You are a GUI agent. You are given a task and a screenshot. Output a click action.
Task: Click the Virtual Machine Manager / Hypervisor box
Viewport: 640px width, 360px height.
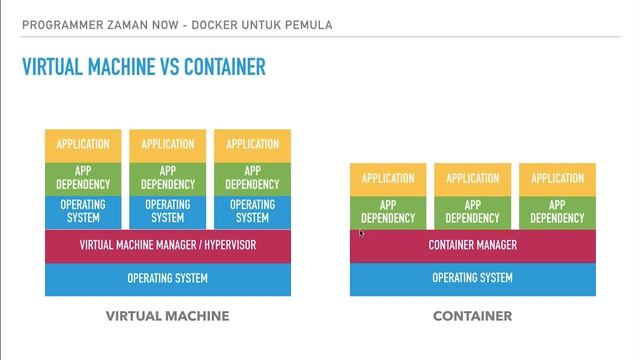point(168,245)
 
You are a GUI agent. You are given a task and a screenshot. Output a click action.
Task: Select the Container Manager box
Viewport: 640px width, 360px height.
point(472,245)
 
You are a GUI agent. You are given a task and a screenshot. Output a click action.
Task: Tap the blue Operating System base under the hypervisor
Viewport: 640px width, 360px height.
point(168,278)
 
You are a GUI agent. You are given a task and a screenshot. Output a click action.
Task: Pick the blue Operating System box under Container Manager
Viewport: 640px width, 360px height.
point(472,278)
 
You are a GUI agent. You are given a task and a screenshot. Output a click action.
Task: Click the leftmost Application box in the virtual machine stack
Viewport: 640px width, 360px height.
point(83,144)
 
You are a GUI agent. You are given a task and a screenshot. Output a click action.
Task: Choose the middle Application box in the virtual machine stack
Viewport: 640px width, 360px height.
point(168,144)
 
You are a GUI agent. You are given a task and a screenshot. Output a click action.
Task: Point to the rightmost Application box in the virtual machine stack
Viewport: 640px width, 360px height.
point(252,144)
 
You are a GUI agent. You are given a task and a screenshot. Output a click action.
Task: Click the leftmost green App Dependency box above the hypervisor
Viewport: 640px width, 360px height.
point(83,177)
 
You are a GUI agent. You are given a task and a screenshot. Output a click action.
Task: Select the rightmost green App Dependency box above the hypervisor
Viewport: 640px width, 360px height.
point(252,177)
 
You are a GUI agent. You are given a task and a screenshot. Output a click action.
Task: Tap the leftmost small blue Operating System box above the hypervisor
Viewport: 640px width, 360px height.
point(83,211)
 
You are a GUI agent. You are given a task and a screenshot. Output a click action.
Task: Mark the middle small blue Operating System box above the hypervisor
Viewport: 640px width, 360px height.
point(168,211)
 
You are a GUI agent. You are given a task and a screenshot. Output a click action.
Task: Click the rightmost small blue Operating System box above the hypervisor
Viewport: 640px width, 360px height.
point(252,211)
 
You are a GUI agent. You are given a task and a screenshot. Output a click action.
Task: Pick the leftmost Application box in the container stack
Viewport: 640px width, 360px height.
point(388,178)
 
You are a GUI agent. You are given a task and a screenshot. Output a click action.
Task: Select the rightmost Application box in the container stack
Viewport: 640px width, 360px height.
point(557,178)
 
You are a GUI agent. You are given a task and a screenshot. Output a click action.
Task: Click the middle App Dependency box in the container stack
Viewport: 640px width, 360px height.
point(472,211)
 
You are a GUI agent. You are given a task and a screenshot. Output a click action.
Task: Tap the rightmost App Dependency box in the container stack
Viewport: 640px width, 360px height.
point(557,211)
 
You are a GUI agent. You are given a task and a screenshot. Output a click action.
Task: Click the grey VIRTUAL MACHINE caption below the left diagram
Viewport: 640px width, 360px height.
point(168,316)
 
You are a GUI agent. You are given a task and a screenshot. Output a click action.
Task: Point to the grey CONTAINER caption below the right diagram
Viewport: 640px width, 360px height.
point(472,316)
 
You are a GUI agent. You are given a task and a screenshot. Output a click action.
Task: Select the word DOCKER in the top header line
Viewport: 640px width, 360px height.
point(178,23)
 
